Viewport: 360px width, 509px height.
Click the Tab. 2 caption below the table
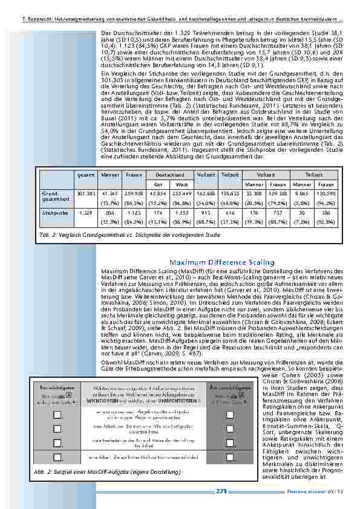(129, 233)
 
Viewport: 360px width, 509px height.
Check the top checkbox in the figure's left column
(57, 413)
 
